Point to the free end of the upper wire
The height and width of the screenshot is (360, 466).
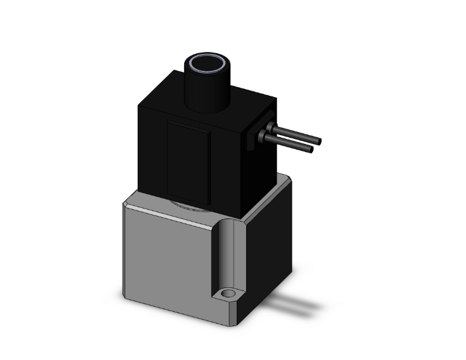(318, 140)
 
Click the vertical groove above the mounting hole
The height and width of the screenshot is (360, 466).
(228, 250)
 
